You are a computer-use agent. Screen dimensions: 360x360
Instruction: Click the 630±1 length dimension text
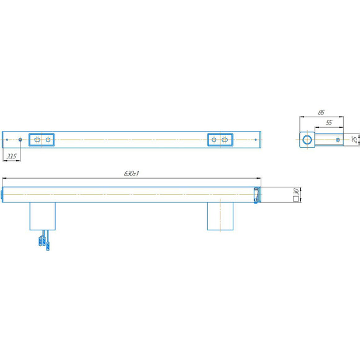coord(132,173)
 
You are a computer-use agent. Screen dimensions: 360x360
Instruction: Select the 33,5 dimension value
coord(11,156)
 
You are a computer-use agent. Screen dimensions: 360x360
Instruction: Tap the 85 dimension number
coord(321,112)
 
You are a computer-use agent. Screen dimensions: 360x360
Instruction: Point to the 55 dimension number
coord(329,123)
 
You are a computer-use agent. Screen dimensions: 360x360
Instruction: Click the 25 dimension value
coord(355,140)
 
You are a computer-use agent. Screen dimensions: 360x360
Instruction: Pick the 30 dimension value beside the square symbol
coord(296,191)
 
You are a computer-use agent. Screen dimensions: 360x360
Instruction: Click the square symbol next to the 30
coord(296,199)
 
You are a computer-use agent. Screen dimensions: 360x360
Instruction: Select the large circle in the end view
coord(307,140)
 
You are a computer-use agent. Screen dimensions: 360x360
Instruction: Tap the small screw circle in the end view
coord(338,140)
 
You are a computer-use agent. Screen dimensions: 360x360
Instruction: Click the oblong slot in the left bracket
coord(37,140)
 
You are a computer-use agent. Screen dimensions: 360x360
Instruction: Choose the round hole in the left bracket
coord(48,140)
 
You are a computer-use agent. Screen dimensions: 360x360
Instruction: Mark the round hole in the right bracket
coord(214,140)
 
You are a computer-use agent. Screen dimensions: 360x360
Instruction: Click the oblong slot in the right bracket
coord(225,140)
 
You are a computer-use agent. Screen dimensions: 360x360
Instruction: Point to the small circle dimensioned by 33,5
coord(20,140)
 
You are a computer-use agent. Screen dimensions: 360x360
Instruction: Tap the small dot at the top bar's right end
coord(256,140)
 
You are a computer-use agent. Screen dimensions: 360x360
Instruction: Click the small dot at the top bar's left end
coord(7,140)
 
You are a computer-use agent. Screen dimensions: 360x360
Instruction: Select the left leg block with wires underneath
coord(42,216)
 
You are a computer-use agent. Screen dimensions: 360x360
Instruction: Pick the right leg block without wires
coord(220,216)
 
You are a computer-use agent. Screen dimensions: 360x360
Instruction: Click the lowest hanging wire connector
coord(48,246)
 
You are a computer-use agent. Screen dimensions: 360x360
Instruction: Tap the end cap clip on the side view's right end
coord(256,195)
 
